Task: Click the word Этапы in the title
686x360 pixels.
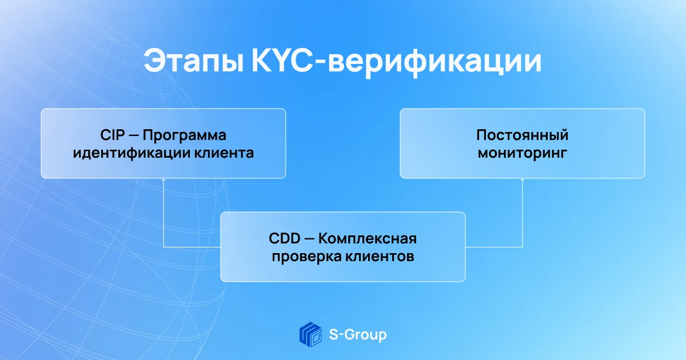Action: coord(194,61)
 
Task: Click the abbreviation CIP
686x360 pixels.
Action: coord(113,135)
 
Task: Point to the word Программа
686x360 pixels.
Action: coord(184,135)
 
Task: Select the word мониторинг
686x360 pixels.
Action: coord(522,153)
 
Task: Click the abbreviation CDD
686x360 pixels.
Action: coord(285,238)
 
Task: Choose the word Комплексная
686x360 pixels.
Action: coord(368,239)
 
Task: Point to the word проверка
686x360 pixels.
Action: coord(306,257)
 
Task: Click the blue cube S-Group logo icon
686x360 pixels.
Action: coord(310,334)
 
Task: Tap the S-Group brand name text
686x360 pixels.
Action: coord(358,335)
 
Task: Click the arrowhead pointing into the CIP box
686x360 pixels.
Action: coord(163,180)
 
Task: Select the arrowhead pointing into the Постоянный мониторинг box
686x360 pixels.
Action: coord(522,180)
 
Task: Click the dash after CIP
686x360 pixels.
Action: coord(134,135)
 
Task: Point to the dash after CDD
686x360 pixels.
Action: coord(309,239)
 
